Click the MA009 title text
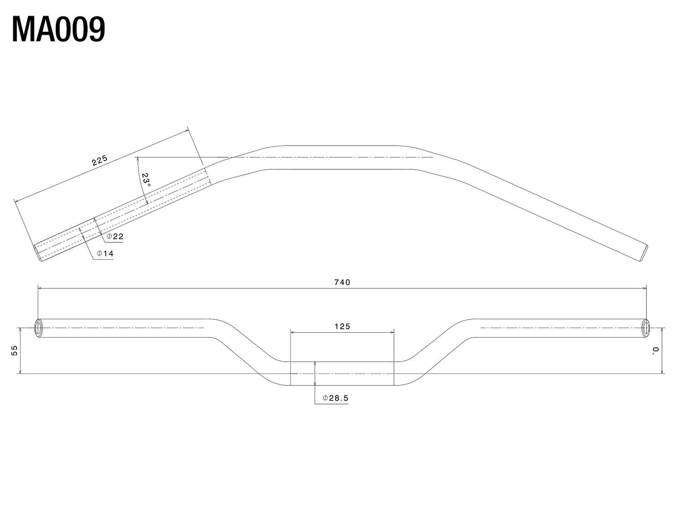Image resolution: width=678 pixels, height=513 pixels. pos(59,30)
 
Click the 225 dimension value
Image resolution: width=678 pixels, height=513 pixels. pos(100,160)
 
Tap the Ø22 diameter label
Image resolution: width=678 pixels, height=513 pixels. pos(115,237)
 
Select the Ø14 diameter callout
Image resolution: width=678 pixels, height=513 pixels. pos(106,254)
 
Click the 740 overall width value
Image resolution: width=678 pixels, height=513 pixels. pos(342,282)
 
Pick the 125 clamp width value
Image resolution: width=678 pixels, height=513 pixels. pos(342,327)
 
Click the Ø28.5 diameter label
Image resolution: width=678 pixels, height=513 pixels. pos(336,398)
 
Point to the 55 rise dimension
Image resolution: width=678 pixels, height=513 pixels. pos(15,351)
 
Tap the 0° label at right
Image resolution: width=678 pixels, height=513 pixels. pos(656,350)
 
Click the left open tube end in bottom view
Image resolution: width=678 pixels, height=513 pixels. pos(39,328)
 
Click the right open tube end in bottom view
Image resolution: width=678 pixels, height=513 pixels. pos(646,328)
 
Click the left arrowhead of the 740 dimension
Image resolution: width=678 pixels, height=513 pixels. pos(40,289)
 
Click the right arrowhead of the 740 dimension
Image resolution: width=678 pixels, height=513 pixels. pos(644,289)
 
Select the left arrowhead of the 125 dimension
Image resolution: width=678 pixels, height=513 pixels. pos(293,333)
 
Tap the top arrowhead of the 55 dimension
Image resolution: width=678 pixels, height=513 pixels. pos(20,330)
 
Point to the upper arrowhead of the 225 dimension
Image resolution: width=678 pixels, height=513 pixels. pos(186,131)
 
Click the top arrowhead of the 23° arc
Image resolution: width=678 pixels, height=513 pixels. pos(137,159)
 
